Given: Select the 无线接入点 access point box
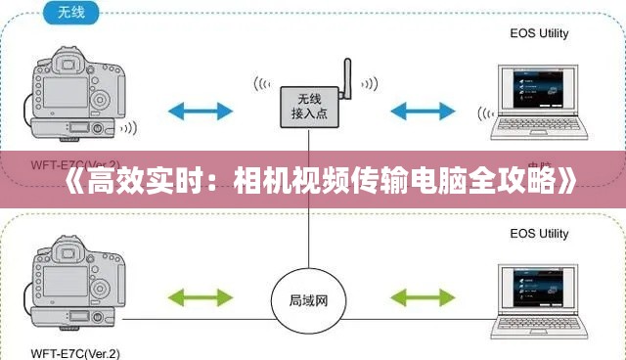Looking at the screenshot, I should click(310, 106).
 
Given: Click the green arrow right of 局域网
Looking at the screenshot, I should click(423, 295).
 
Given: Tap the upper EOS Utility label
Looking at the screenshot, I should click(539, 35).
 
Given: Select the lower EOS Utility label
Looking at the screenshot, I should click(539, 234).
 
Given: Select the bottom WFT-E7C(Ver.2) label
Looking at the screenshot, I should click(75, 352).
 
